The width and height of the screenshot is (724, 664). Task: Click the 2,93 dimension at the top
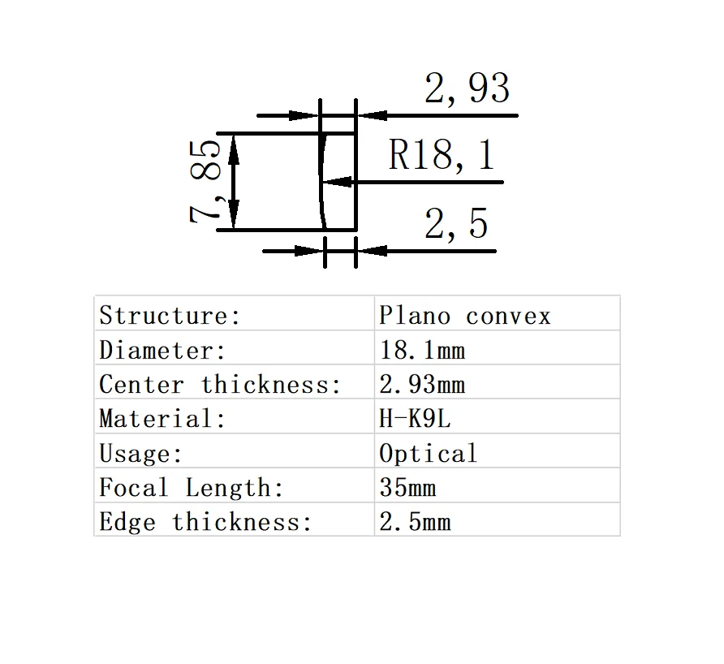point(467,88)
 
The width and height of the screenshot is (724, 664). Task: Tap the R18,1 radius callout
point(441,154)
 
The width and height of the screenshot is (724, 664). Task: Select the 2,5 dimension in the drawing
point(456,223)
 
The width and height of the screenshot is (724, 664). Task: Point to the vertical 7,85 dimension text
point(205,180)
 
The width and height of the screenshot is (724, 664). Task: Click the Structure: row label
point(170,315)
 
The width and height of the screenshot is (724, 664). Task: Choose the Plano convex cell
point(464,315)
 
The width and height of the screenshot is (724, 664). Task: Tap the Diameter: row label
point(162,350)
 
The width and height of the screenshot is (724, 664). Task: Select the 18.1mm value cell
point(422,350)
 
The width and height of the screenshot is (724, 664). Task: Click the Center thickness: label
point(220,384)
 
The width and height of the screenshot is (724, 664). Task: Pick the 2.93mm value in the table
point(422,384)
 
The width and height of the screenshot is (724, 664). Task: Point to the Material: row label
point(162,419)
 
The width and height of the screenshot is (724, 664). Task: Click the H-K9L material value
point(413,419)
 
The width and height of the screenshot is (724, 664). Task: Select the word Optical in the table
point(428,453)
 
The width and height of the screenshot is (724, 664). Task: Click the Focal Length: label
point(192,488)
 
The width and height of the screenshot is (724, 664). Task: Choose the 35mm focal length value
point(407,488)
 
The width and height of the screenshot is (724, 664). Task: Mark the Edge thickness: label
point(205,522)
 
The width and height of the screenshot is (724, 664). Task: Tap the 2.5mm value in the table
point(415,522)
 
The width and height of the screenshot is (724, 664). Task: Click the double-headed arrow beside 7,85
point(234,181)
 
